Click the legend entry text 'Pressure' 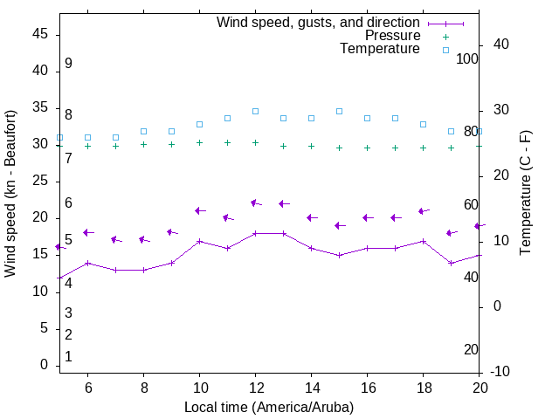(392, 36)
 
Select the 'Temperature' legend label (380, 49)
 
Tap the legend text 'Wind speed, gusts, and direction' (318, 22)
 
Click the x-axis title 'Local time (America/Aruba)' (269, 407)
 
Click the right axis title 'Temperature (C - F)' (525, 194)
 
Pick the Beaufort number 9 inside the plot (68, 64)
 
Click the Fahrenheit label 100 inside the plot (467, 58)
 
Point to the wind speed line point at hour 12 (255, 233)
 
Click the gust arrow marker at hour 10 (199, 210)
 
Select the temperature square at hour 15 (339, 112)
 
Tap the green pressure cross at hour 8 (143, 145)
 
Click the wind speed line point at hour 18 (423, 241)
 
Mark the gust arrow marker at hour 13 (283, 203)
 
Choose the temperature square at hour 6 (87, 138)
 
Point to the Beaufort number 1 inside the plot (68, 357)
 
